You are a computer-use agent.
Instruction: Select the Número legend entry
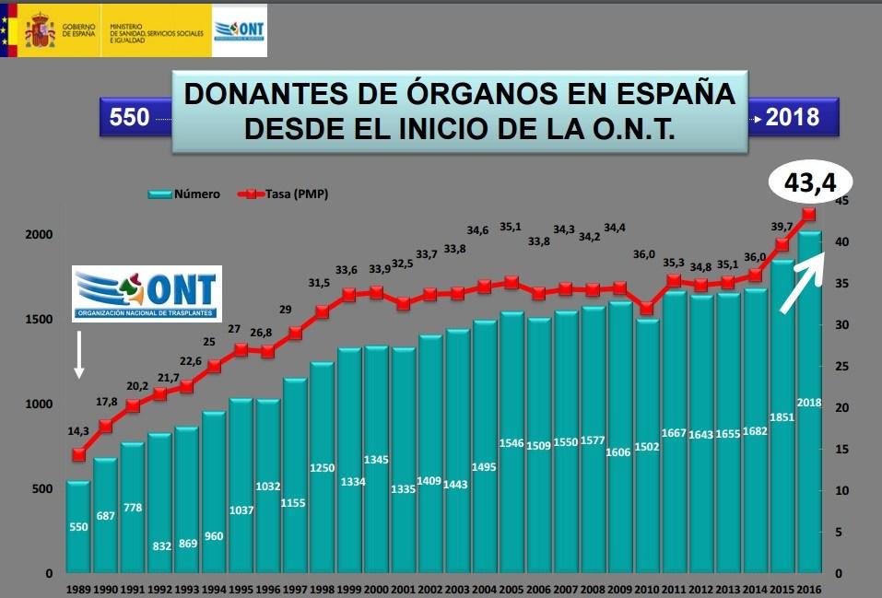coord(184,194)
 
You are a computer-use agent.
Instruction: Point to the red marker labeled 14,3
coord(78,454)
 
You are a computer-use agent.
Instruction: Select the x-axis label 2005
coord(512,588)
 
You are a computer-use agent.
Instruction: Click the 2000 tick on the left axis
coord(38,235)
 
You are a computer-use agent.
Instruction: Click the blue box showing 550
coord(129,118)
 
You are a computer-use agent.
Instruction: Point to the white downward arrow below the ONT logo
coord(79,355)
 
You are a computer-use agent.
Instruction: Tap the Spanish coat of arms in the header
coord(40,30)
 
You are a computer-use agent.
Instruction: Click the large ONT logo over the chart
coord(147,294)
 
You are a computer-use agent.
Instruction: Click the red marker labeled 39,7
coord(782,244)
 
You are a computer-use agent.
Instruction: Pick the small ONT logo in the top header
coord(240,29)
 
